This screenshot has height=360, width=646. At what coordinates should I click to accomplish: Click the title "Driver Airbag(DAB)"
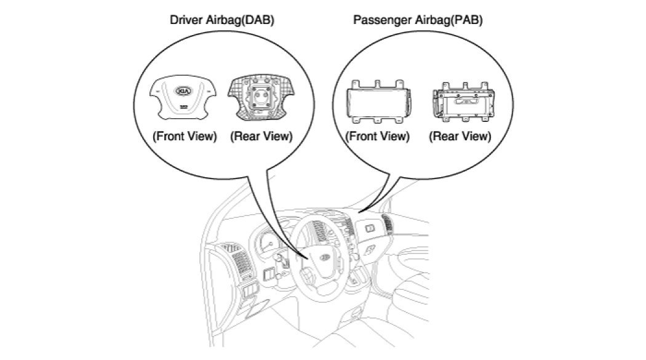[x=221, y=20]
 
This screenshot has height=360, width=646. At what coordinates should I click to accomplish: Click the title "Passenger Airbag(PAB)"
[x=418, y=20]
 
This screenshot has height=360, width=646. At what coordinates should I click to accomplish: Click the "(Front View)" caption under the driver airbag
[x=185, y=137]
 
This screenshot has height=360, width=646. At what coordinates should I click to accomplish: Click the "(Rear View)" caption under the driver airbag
[x=261, y=137]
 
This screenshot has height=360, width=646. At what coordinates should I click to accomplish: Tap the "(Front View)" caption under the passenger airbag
[x=377, y=137]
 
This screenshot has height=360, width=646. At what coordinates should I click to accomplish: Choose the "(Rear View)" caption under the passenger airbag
[x=460, y=137]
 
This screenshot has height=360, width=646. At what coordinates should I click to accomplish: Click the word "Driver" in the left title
[x=184, y=20]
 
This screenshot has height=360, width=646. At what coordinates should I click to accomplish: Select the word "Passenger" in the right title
[x=377, y=20]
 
